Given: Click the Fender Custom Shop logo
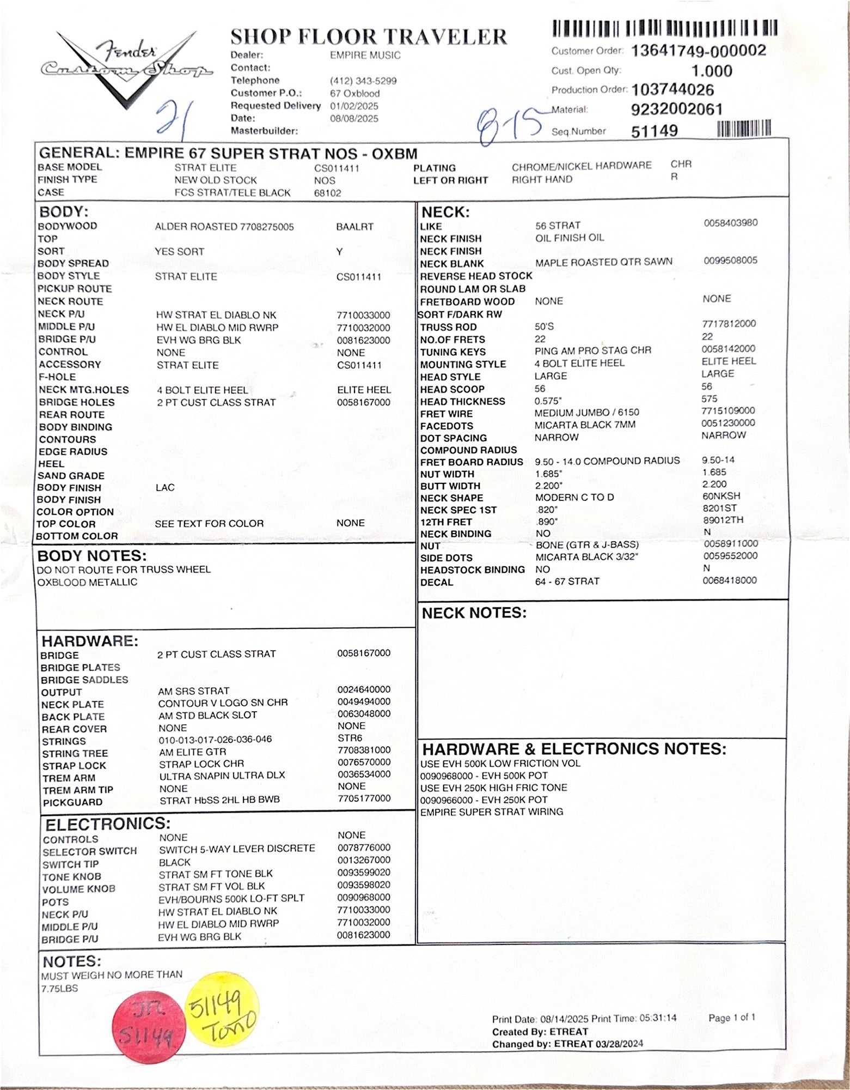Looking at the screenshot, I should pos(126,68).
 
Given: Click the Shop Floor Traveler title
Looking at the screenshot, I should pos(368,37).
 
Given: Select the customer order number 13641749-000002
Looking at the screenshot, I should pos(698,51).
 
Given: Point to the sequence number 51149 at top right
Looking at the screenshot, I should pos(654,131).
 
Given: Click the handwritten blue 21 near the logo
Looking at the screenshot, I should pos(172,117).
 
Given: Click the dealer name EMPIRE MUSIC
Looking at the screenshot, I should pos(365,55).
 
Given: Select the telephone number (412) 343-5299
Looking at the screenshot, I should pos(363,81).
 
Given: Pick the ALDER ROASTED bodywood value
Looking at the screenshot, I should pos(224,227).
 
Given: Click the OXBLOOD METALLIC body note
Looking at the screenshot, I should pos(87,582).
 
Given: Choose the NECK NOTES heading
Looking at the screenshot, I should pos(474,613).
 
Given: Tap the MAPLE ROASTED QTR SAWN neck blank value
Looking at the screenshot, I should pos(603,262).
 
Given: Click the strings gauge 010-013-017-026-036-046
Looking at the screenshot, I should pos(215,740).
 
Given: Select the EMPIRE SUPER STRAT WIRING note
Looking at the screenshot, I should pos(491,812).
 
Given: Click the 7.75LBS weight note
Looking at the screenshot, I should pos(59,988).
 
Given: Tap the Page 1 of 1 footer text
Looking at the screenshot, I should pos(731,1017).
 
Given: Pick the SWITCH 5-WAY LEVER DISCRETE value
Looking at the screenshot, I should pos(237,849).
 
